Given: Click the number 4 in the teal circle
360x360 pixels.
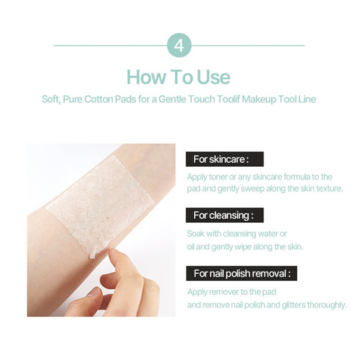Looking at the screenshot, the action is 179,46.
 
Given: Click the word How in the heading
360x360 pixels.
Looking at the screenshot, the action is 147,77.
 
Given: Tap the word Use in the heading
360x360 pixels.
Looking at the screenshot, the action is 213,77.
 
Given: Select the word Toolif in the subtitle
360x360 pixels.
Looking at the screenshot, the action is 228,99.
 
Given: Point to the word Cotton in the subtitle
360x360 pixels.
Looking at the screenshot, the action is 99,99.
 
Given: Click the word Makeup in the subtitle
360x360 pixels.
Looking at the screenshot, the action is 259,100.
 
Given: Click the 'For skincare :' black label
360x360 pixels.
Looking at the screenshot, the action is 224,159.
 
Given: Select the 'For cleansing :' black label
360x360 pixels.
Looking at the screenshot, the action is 224,215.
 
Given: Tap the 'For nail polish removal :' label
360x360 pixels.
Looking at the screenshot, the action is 242,274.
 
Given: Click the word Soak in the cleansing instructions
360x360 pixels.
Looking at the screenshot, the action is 196,234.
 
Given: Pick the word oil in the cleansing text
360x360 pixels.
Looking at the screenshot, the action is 190,247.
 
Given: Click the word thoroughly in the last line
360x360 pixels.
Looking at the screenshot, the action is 326,305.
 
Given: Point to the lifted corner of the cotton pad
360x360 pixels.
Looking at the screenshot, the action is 93,255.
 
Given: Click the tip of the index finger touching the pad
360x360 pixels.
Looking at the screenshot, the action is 112,253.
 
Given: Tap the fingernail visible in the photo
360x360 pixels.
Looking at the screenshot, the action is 95,292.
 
